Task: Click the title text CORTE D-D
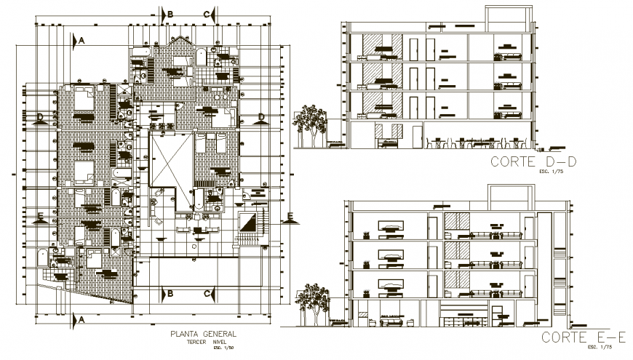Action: point(533,162)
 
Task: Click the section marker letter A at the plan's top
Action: point(82,41)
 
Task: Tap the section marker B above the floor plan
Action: point(170,14)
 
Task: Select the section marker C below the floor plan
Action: point(207,293)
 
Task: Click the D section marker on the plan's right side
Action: point(260,116)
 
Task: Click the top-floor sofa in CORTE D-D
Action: point(506,54)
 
